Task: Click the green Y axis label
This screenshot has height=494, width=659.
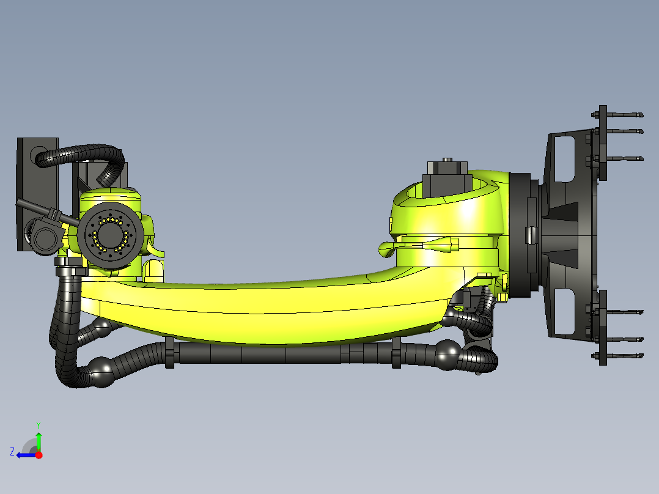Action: point(38,424)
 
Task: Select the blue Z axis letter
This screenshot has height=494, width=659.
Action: point(12,451)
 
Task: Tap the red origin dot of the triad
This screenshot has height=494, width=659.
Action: point(39,455)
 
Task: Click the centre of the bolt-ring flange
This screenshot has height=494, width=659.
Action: point(111,234)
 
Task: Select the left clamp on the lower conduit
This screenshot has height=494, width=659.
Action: point(169,354)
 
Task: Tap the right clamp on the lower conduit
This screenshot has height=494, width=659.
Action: point(397,354)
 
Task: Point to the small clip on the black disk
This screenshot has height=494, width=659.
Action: point(530,234)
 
